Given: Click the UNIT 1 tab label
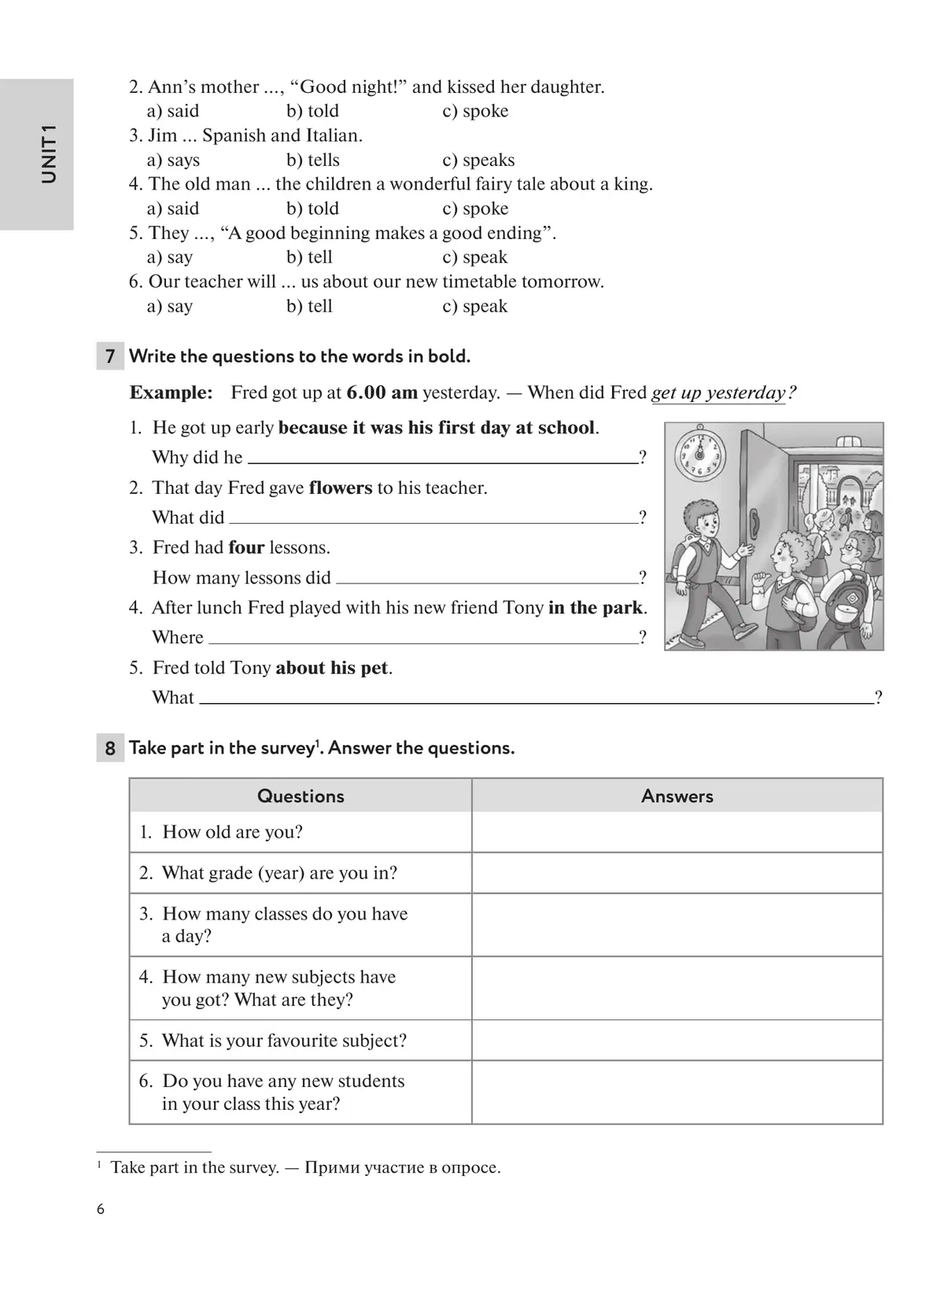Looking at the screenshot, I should (x=49, y=154).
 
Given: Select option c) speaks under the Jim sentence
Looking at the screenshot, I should (x=478, y=160).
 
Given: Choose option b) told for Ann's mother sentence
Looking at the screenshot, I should (x=312, y=111).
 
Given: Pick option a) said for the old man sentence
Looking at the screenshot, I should (x=173, y=209).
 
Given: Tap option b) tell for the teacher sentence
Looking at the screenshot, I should (x=309, y=306).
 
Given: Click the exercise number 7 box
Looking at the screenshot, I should (x=110, y=356).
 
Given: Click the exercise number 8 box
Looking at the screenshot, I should (x=110, y=748).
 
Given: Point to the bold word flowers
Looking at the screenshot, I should (x=340, y=488).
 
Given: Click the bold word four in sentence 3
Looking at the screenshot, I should (x=246, y=548).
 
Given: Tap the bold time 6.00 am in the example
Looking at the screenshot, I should (x=382, y=392).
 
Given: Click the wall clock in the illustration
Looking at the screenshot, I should (x=699, y=455).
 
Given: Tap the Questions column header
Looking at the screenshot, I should (x=301, y=796).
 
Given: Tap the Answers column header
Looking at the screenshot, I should (x=677, y=796).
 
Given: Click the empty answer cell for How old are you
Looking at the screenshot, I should (x=677, y=832).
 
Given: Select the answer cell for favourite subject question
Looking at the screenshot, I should (x=677, y=1041).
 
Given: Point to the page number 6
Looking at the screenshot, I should (x=101, y=1210).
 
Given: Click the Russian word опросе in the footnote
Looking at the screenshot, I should (x=471, y=1168).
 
